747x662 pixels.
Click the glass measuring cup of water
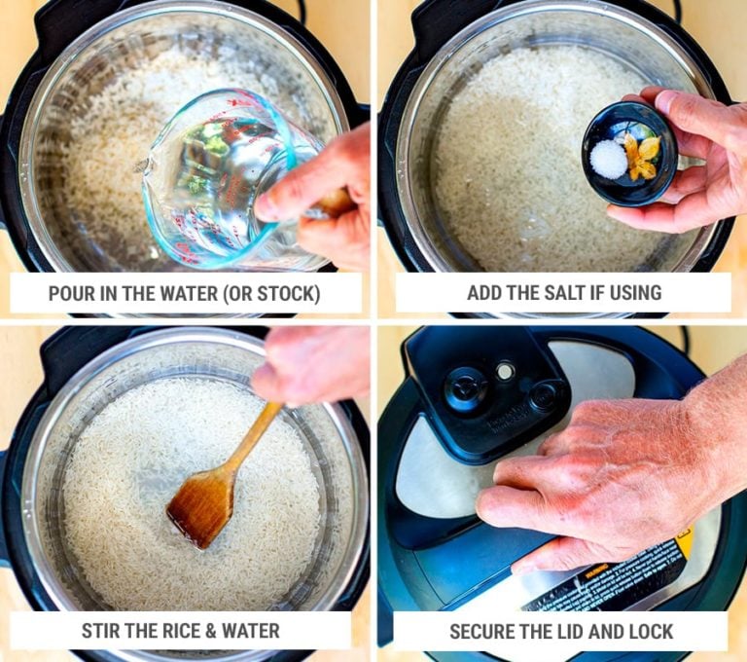click(x=219, y=175)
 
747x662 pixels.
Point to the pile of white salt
click(x=609, y=159)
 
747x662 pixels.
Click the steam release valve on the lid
click(x=466, y=387)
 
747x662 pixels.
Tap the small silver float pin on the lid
click(x=505, y=370)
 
